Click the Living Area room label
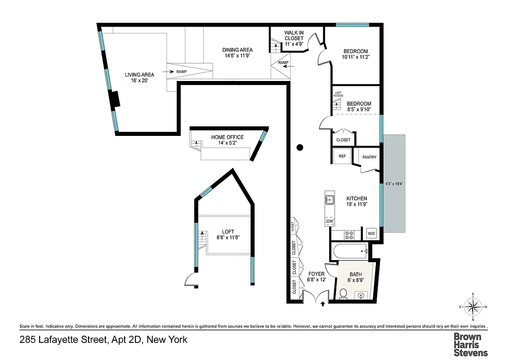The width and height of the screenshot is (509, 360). point(139,75)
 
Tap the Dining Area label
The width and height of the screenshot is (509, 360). point(237,50)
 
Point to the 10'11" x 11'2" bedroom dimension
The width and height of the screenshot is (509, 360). point(355,57)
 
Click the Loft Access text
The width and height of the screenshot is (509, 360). point(338,94)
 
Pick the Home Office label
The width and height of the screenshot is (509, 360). point(228,137)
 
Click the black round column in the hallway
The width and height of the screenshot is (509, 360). point(300,147)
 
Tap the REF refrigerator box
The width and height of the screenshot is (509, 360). point(342,157)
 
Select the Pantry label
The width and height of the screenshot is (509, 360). point(369,157)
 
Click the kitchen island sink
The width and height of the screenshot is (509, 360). point(329,200)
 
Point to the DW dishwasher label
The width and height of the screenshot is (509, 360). point(329,221)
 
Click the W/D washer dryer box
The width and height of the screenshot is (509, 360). point(371,234)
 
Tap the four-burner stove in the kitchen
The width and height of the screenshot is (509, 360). point(349,234)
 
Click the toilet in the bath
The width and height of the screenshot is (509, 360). point(343,294)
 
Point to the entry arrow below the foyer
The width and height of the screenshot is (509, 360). point(323,304)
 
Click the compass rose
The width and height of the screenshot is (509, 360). point(473,307)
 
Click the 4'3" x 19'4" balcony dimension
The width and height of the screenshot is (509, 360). point(394,184)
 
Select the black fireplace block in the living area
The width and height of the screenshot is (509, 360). point(115,99)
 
